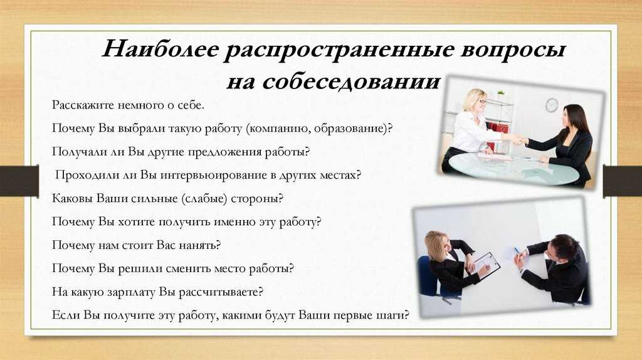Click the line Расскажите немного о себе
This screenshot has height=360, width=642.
(128, 105)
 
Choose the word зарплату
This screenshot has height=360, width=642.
(132, 292)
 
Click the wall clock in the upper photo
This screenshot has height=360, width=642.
(552, 105)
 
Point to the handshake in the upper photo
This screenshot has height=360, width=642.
(519, 140)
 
